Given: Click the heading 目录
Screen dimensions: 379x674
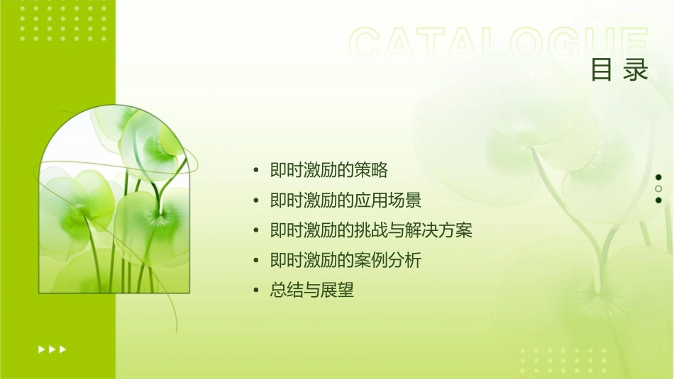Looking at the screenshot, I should pos(619,69).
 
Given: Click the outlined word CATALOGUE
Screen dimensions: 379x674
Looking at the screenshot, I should pos(497,44).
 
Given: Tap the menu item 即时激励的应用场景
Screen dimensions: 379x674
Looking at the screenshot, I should pos(346,200).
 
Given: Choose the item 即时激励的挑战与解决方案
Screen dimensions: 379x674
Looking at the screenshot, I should pos(371,230).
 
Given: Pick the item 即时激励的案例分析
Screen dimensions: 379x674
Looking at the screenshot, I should pos(346,260).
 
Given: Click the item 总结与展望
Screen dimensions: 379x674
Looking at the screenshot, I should pos(312,290).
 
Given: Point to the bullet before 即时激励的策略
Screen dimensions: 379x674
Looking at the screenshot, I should pos(256,171).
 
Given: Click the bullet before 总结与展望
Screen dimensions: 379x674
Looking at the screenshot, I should pos(256,290).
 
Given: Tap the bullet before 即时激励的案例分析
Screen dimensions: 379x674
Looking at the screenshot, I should pos(256,261).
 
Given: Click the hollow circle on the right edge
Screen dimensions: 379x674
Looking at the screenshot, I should pos(658,188).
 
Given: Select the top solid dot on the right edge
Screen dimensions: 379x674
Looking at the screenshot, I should pos(658,177).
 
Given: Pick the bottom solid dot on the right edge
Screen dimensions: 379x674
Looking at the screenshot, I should pos(658,200).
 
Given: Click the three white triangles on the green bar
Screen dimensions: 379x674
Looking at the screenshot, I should pos(52,349).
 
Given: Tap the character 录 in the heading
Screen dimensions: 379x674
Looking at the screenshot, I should pos(636,69).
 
